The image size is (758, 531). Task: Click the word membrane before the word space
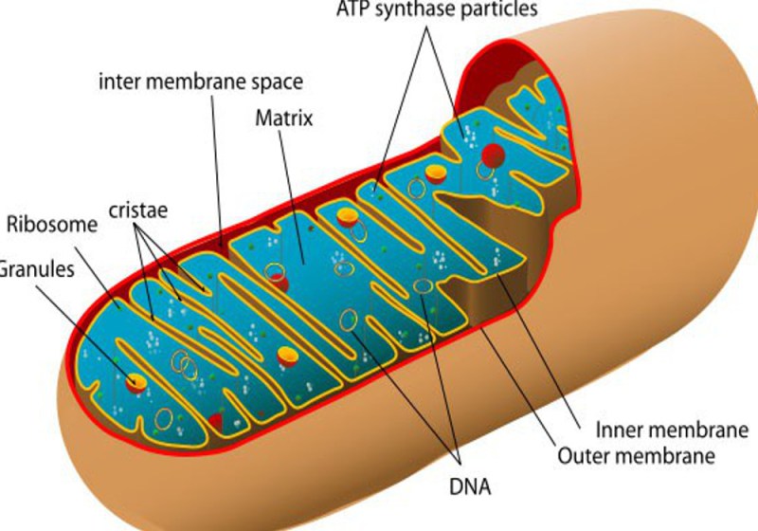[x=195, y=82]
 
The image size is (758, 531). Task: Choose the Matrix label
[x=284, y=118]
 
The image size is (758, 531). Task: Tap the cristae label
[x=138, y=211]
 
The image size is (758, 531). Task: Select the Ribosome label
[x=52, y=225]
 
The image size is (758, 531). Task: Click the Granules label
[x=37, y=269]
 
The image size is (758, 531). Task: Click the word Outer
[x=580, y=456]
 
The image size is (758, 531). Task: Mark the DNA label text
[x=470, y=487]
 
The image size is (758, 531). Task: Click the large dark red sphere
[x=493, y=156]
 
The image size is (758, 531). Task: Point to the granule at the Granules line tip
[x=136, y=383]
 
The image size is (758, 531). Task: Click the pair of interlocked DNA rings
[x=184, y=365]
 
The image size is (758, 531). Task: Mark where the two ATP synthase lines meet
[x=425, y=27]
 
